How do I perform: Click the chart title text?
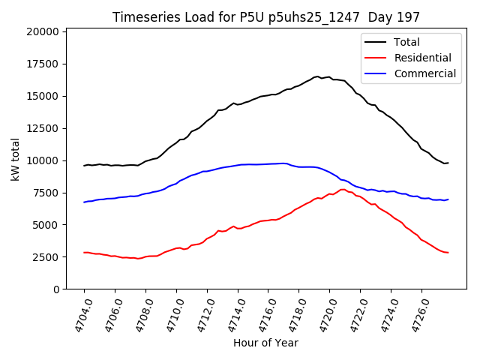pyautogui.click(x=266, y=16)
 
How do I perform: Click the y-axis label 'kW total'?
pyautogui.click(x=16, y=159)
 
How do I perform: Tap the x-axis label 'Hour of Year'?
pyautogui.click(x=265, y=343)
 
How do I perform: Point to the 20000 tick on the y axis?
pyautogui.click(x=43, y=31)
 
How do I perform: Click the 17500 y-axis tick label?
pyautogui.click(x=43, y=64)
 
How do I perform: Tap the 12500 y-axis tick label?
pyautogui.click(x=43, y=128)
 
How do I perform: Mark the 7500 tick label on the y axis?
pyautogui.click(x=46, y=193)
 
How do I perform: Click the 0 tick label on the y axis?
pyautogui.click(x=55, y=289)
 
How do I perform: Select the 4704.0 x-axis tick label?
pyautogui.click(x=78, y=315)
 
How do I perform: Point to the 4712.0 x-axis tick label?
pyautogui.click(x=201, y=315)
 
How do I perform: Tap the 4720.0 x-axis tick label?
pyautogui.click(x=324, y=315)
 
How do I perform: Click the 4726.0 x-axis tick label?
pyautogui.click(x=416, y=315)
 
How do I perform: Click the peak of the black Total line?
pyautogui.click(x=316, y=76)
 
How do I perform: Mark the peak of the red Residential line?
pyautogui.click(x=343, y=189)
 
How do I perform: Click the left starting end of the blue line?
pyautogui.click(x=84, y=202)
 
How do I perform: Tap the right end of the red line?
pyautogui.click(x=448, y=253)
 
